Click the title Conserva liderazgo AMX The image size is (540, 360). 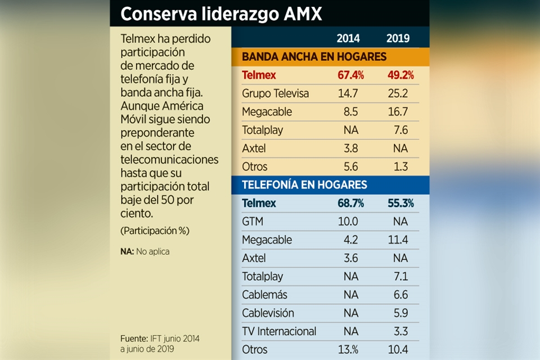point(221,13)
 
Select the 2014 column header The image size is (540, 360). point(348,39)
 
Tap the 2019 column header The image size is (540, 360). point(398,39)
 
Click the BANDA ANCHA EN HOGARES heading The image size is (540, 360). point(314,57)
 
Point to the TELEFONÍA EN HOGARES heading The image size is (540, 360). point(304,184)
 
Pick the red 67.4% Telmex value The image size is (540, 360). point(350,75)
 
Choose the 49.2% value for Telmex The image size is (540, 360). point(400,75)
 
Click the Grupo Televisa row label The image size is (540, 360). point(275,93)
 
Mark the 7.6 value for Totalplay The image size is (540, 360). point(401,130)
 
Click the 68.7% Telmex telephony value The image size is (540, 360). point(350,203)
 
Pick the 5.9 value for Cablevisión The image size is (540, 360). point(401,313)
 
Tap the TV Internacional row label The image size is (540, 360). point(279,331)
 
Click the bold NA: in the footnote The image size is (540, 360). point(127,251)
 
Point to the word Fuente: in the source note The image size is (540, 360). point(134,339)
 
